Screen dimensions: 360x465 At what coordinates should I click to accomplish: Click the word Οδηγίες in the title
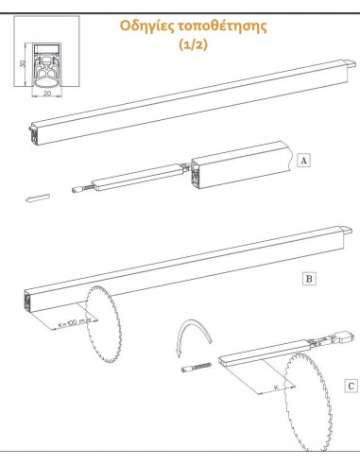146,26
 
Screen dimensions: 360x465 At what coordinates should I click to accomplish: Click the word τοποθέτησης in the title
222,26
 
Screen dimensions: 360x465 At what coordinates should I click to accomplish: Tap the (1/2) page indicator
194,44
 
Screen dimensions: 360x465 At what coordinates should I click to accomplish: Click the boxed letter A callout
303,161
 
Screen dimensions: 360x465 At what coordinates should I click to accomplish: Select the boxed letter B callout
309,279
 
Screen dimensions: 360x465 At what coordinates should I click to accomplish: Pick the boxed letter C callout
351,386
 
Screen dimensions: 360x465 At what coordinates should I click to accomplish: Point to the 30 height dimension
22,63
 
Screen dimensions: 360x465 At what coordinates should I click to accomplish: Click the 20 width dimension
47,94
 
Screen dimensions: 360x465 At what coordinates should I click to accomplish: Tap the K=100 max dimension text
75,322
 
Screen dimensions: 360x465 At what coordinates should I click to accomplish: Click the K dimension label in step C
276,387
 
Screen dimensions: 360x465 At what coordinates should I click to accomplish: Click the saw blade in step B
103,324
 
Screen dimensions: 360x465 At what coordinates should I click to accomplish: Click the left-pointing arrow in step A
38,198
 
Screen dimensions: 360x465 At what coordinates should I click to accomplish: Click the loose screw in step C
197,367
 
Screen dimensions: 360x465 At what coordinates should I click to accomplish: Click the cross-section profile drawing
46,65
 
